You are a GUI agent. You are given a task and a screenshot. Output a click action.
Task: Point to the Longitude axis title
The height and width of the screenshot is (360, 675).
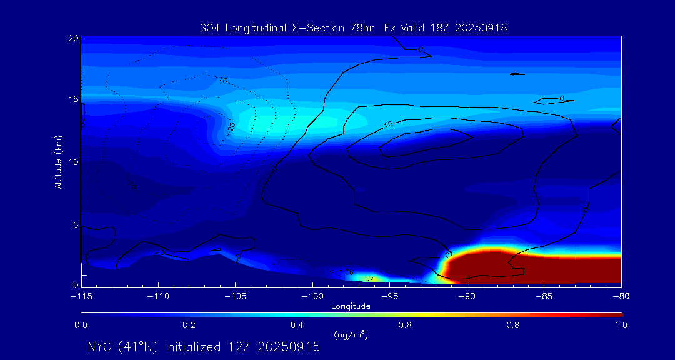click(351, 306)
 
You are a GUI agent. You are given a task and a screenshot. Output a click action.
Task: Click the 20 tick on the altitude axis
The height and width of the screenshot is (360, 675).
click(73, 39)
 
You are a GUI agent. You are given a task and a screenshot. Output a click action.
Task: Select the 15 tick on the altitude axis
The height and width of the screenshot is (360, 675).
click(73, 100)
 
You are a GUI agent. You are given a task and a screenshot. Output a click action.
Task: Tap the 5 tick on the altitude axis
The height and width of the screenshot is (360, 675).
click(76, 224)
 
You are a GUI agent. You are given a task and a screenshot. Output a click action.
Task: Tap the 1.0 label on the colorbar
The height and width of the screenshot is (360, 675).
click(621, 325)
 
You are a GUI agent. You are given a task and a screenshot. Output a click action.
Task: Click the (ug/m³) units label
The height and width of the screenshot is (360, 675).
click(351, 336)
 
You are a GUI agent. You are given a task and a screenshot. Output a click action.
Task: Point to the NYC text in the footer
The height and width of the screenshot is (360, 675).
click(101, 347)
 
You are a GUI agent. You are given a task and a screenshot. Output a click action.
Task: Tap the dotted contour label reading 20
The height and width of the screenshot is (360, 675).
click(232, 126)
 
